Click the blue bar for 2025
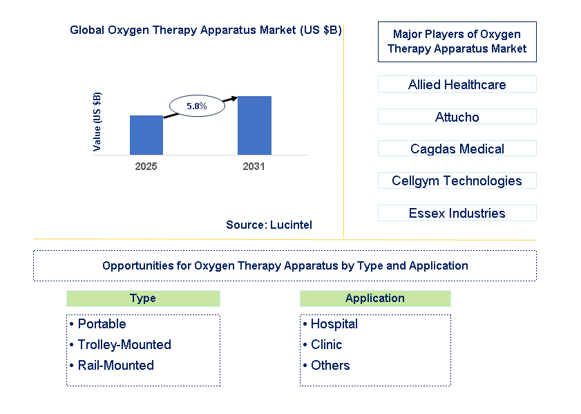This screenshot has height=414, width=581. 146,135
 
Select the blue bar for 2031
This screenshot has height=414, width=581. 254,125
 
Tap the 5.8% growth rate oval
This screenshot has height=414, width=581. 197,106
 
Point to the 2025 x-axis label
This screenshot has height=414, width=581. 146,167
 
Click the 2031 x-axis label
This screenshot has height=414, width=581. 254,167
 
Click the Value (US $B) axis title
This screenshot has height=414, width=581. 97,122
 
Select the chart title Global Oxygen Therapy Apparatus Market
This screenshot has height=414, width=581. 205,30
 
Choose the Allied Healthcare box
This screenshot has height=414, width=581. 457,84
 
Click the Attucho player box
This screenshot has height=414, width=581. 457,117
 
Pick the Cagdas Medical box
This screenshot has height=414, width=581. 457,149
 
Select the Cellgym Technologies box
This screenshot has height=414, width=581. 457,180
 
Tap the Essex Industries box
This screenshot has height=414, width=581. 457,213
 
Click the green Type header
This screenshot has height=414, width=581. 143,299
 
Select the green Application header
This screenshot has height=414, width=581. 375,299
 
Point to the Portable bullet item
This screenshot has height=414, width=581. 102,324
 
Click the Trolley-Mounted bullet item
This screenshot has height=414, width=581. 124,345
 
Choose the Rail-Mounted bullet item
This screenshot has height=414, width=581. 115,366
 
